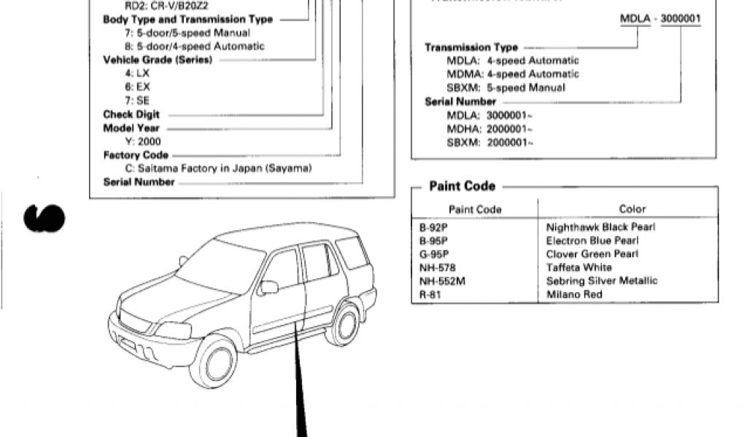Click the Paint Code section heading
coord(462,186)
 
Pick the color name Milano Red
coord(574,295)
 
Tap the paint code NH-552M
coord(442,281)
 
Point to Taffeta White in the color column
coord(578,267)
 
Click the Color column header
coord(632,210)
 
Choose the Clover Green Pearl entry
coord(592,254)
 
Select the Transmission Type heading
coord(471,47)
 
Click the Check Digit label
coord(131,114)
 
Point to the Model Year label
coord(131,128)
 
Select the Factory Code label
coord(136,155)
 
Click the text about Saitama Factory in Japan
coord(218,168)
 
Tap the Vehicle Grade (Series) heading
coord(158,60)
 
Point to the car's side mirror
coord(268,287)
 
